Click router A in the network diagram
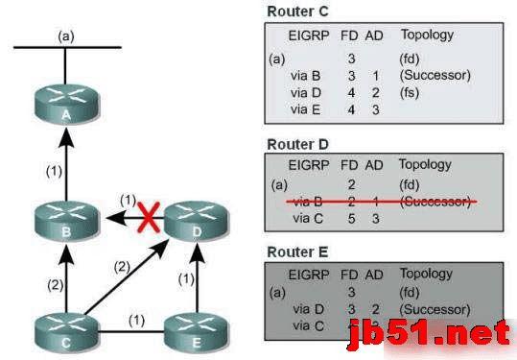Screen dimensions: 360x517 coord(65,108)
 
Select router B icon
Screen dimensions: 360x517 coord(65,223)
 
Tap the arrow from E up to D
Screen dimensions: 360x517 coord(196,278)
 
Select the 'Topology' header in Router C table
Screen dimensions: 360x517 coord(427,36)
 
